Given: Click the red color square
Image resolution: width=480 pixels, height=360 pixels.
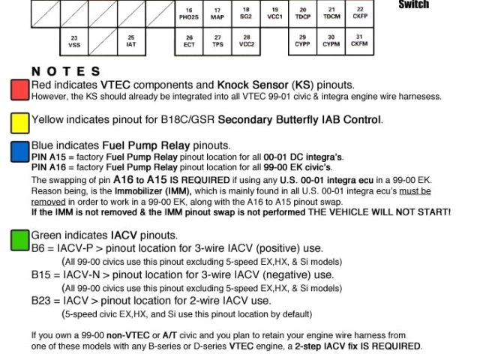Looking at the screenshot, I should (x=19, y=90).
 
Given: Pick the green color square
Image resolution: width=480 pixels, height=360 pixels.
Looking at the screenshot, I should (x=19, y=240).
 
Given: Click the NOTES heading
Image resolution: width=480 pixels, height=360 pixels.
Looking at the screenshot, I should (x=66, y=72).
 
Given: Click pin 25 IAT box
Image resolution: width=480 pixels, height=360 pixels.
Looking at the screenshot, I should (x=130, y=41).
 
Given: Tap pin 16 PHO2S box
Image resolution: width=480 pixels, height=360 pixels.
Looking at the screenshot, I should (x=189, y=13).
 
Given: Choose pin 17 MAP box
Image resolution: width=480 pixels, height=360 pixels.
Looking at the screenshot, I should (x=217, y=13).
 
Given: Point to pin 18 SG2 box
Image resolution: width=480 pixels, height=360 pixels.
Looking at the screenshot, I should (x=246, y=13).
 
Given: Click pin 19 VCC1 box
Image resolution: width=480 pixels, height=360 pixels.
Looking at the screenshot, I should (x=274, y=13).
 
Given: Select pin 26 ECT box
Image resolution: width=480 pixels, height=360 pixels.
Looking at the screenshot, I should (x=189, y=41).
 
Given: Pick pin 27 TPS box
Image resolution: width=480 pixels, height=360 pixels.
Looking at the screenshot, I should (x=217, y=41).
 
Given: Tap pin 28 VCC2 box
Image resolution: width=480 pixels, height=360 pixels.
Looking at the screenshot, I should (x=246, y=41).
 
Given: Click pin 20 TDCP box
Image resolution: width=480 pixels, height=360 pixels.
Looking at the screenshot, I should (x=303, y=13).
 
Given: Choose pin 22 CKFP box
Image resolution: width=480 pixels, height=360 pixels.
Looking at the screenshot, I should (x=360, y=13).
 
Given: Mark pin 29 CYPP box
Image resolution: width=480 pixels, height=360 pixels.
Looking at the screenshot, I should (x=303, y=41).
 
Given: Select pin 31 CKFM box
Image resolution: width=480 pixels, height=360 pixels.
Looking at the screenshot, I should (x=360, y=41).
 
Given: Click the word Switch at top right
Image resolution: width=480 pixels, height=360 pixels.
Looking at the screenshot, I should (x=414, y=4).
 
